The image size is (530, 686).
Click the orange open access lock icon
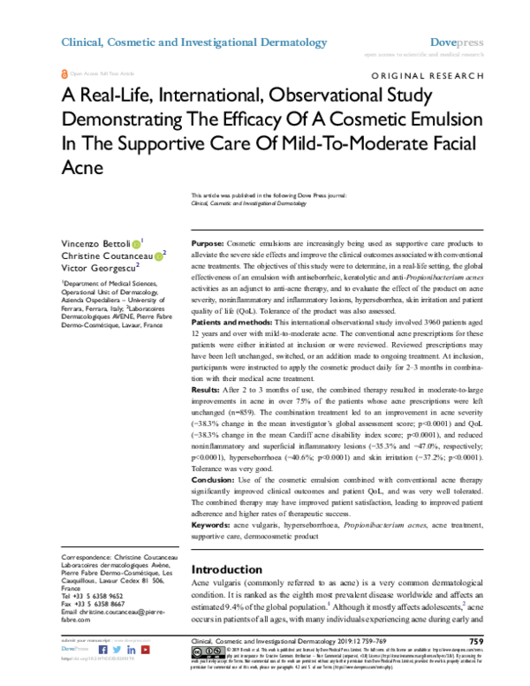pos(64,77)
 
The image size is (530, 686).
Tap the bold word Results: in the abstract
pos(208,391)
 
